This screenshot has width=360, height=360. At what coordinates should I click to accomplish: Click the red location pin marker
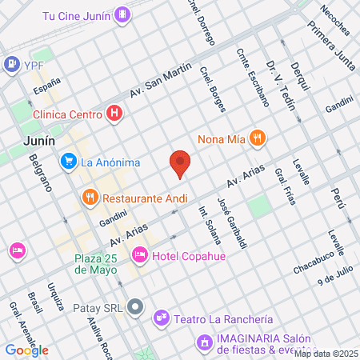(x=180, y=162)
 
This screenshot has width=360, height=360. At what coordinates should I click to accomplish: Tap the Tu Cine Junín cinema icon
(x=122, y=14)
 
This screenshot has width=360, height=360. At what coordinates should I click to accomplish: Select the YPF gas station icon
(x=12, y=63)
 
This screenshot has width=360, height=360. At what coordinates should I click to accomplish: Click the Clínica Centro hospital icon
(x=114, y=114)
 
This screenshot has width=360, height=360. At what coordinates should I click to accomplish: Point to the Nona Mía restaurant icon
(x=257, y=137)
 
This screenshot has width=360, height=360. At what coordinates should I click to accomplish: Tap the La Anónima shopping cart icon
(x=69, y=162)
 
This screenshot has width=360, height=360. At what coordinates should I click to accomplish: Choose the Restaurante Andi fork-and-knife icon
(x=90, y=196)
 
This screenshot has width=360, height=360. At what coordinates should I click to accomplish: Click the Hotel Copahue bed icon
(x=140, y=255)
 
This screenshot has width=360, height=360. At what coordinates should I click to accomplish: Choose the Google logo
(x=26, y=350)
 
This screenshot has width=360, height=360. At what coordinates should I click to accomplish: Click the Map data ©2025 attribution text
(x=326, y=354)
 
